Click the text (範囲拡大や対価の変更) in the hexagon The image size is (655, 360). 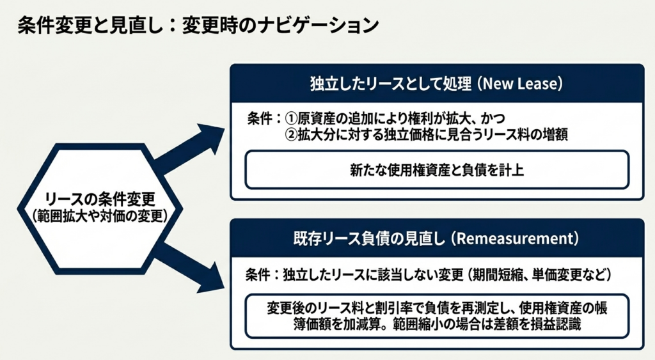click(x=100, y=216)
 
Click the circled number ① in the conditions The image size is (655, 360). click(x=292, y=119)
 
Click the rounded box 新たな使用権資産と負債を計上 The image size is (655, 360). click(x=437, y=170)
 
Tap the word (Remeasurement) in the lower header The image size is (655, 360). click(x=514, y=239)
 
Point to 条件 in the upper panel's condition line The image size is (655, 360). click(x=260, y=119)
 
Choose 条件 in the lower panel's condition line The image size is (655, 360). click(x=260, y=274)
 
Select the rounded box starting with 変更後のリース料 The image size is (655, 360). click(x=437, y=315)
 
